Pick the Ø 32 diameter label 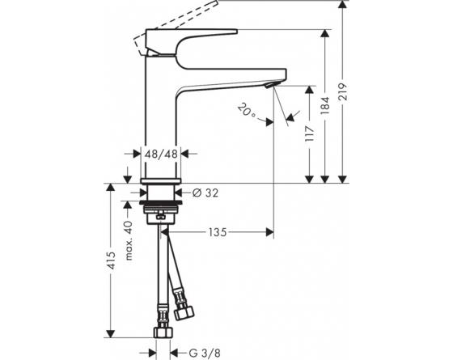[207, 193]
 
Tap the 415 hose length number [110, 260]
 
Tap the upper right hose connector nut [182, 309]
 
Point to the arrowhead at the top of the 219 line [344, 6]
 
